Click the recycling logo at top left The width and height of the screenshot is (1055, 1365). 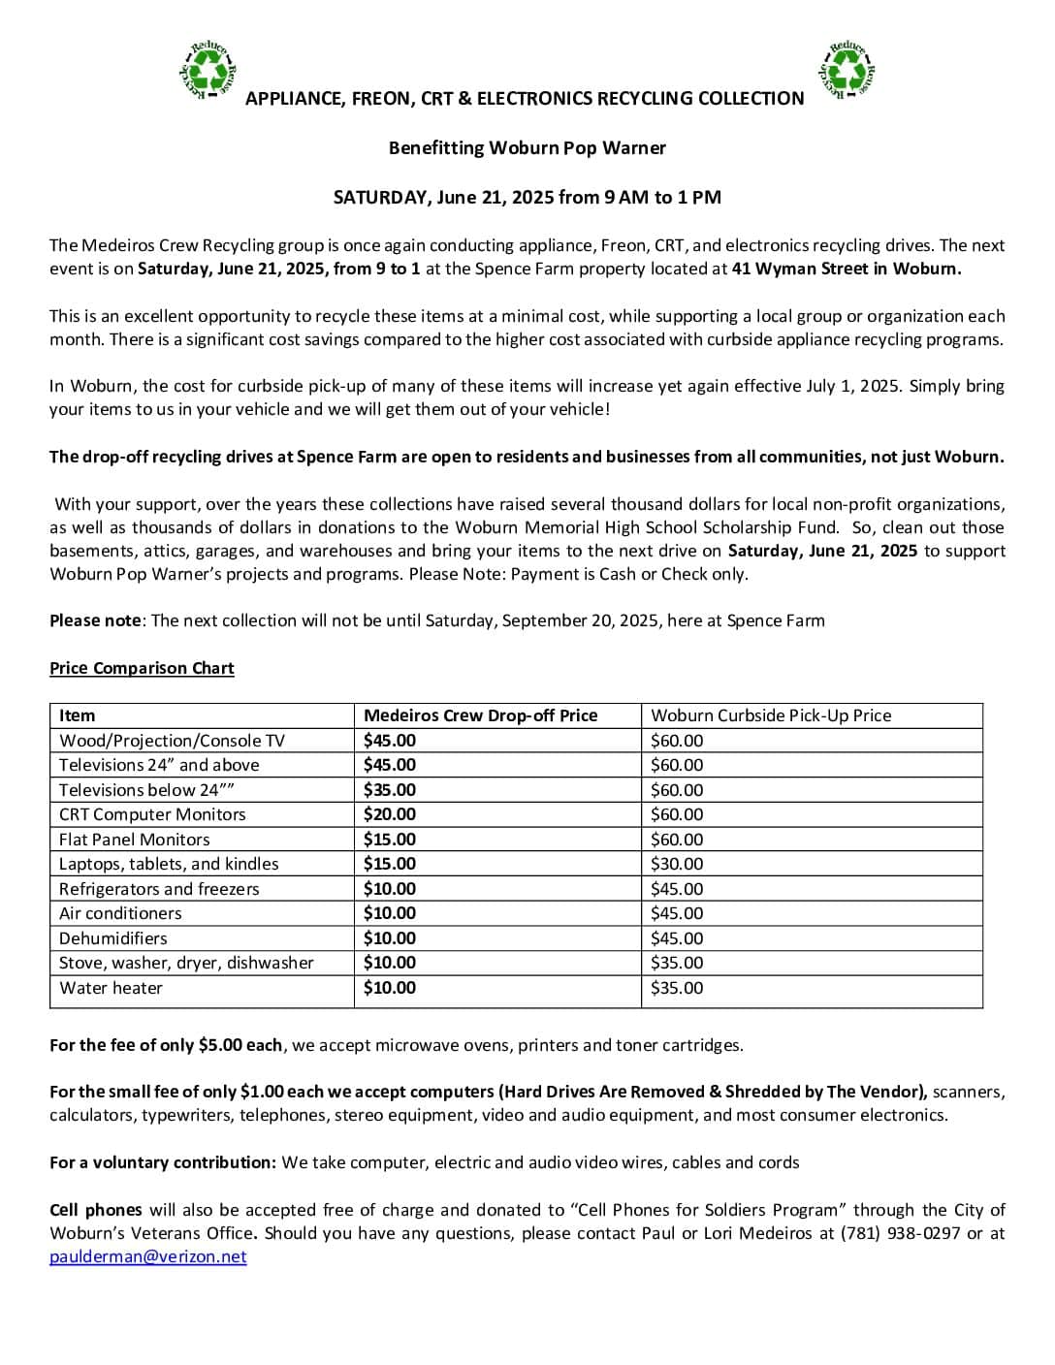click(208, 71)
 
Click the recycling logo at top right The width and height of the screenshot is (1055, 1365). click(848, 70)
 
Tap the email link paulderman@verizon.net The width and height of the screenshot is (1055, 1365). click(148, 1256)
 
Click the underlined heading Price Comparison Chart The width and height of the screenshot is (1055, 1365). click(142, 668)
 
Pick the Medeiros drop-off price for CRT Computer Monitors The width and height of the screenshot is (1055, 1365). click(389, 814)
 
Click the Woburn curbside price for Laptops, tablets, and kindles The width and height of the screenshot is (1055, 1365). click(677, 864)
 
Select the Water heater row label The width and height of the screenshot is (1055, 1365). click(111, 988)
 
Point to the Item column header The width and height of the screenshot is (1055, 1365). click(77, 715)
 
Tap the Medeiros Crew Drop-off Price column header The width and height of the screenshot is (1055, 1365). click(480, 715)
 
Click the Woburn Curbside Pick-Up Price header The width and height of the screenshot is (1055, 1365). click(771, 715)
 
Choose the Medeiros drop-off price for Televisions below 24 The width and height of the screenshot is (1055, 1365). click(389, 790)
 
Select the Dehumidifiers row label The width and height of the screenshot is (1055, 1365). click(112, 938)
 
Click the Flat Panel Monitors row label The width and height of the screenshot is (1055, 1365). click(134, 840)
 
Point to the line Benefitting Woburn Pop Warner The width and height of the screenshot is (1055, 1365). click(527, 148)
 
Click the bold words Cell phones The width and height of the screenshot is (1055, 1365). click(95, 1210)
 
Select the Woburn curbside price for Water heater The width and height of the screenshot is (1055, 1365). click(677, 988)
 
